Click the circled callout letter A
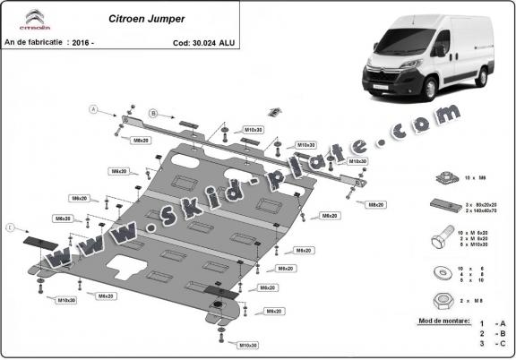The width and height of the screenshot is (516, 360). pos(93,109)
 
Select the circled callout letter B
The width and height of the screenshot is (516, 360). pos(153,114)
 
